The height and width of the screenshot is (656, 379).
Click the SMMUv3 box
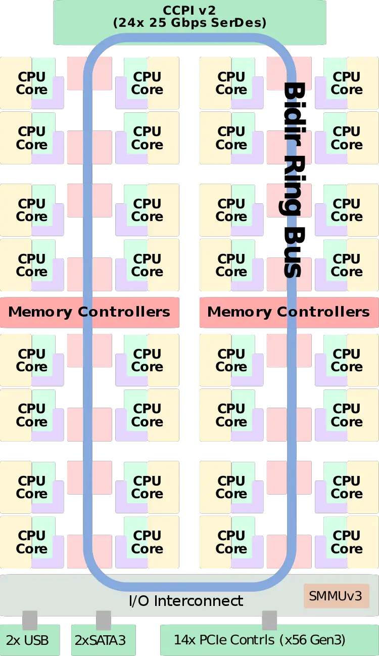(x=336, y=596)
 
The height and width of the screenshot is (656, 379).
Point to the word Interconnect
(x=199, y=601)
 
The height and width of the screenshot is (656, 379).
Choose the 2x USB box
(x=29, y=640)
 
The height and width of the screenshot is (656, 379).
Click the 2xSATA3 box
(x=100, y=640)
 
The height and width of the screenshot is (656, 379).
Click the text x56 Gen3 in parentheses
(x=312, y=640)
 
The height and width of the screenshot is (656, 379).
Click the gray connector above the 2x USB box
(x=30, y=620)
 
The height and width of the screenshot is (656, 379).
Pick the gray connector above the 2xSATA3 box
(x=103, y=620)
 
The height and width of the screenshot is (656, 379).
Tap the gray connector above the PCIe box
(x=269, y=620)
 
